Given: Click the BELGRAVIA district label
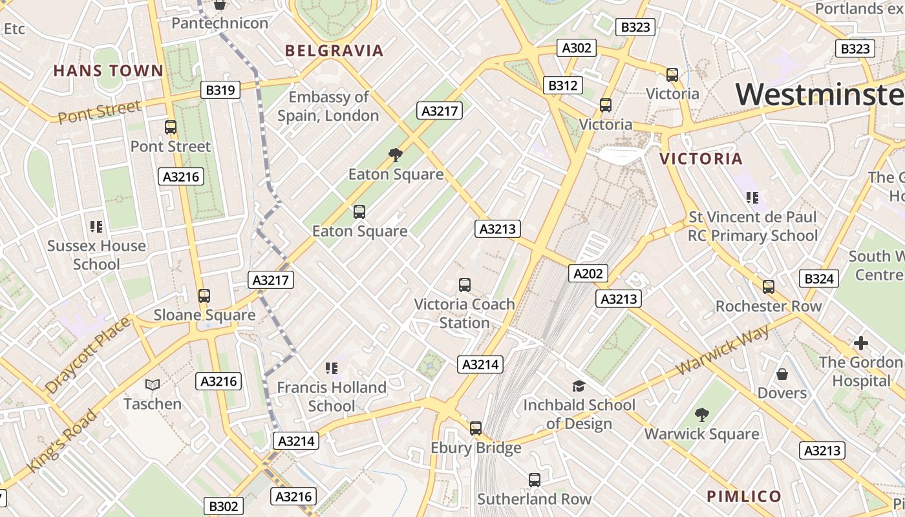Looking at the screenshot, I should coord(334,50).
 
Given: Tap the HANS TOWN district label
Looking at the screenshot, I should coord(109,70).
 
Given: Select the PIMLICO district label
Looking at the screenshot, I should coord(744,496).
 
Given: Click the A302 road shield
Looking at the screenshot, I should coord(577,48).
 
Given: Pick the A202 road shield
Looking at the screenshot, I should coord(588,273).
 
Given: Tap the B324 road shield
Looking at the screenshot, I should coord(819,279).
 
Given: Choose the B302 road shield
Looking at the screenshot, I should coord(224,506).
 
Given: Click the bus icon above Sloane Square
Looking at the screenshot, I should coord(204,296).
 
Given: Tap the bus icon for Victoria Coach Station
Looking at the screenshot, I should coord(464,284).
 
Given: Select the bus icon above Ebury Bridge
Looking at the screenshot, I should coord(476,428).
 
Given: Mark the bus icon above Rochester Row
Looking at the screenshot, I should coord(768,286).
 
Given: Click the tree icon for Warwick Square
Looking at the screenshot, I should coord(701,414).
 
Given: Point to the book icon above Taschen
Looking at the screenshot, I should coord(153,385).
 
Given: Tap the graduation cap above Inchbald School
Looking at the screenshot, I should coord(579,386).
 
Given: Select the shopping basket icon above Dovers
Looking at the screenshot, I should coord(782,374).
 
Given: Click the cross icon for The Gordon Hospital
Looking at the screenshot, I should coord(860,343).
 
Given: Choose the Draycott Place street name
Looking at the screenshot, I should coord(88,355).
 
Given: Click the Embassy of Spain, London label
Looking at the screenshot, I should coord(328,106).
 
